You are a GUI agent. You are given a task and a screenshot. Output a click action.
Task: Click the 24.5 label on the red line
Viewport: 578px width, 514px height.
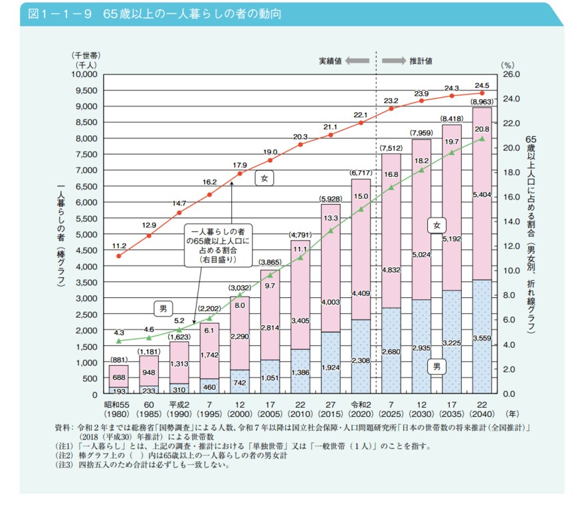481,85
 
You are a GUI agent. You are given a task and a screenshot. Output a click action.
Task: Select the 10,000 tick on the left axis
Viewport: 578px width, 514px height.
84,74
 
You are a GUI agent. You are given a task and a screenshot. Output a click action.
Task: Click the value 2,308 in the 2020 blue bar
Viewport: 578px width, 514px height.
361,360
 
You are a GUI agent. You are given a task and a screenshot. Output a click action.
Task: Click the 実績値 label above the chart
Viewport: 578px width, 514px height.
330,61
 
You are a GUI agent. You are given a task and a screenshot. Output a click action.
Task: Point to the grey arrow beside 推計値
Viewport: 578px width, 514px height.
393,61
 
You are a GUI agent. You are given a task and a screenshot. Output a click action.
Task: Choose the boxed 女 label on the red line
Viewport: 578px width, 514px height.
264,178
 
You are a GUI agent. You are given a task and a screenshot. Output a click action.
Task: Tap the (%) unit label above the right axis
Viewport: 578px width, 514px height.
508,65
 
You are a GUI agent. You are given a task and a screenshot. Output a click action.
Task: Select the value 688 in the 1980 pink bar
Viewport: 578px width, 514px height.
118,377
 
